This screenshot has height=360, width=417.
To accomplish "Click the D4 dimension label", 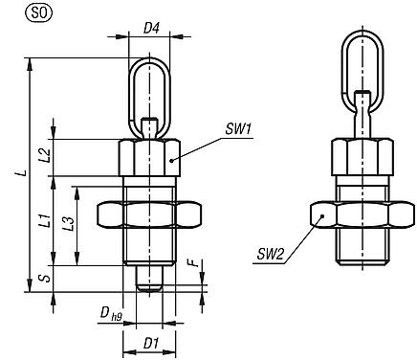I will coord(150,30).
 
